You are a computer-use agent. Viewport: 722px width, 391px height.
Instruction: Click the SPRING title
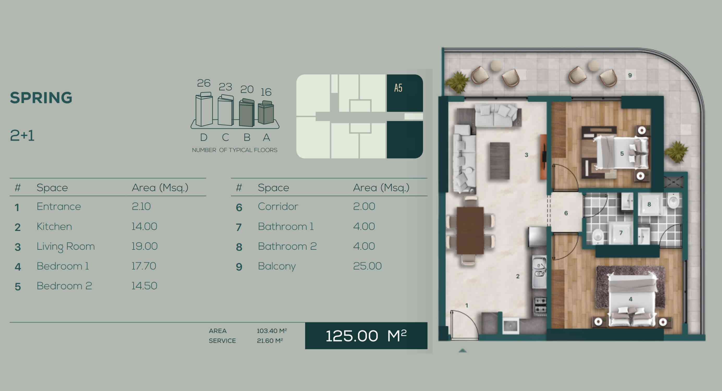point(41,97)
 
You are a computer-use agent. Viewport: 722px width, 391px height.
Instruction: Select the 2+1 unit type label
point(22,136)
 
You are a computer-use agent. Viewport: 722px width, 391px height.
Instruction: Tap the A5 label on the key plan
point(398,88)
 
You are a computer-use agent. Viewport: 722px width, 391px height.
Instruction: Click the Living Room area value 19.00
point(144,246)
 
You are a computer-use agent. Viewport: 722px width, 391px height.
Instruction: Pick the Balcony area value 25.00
point(367,266)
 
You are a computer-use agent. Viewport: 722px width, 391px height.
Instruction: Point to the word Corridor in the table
point(278,206)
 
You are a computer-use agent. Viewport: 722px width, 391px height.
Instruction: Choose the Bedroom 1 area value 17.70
point(143,266)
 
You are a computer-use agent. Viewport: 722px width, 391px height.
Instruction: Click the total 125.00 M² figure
point(366,335)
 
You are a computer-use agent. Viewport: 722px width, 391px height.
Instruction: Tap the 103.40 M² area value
point(272,331)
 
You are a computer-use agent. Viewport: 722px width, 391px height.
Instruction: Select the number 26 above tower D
point(203,83)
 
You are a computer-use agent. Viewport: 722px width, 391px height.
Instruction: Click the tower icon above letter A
point(266,112)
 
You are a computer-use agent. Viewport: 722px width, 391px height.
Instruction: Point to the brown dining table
point(470,230)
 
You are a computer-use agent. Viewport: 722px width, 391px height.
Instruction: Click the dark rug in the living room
point(500,161)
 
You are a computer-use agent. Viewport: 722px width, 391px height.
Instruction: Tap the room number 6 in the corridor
point(566,213)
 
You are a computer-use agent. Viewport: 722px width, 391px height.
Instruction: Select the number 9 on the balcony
point(630,75)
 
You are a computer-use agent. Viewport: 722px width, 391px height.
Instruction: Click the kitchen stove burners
point(540,306)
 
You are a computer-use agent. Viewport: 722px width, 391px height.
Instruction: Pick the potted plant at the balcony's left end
point(457,82)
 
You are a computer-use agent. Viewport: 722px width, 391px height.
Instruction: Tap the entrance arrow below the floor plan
point(463,350)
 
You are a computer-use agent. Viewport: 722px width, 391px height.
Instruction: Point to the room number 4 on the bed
point(631,299)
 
